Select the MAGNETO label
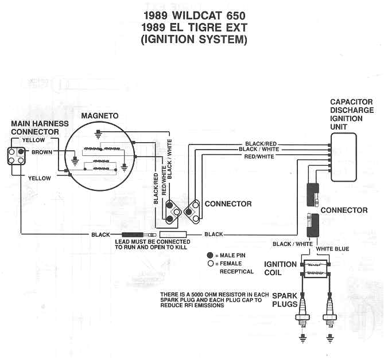pyautogui.click(x=100, y=116)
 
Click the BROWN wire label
pyautogui.click(x=42, y=152)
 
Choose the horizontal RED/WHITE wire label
pyautogui.click(x=259, y=156)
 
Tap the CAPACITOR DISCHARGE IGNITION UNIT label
pyautogui.click(x=351, y=115)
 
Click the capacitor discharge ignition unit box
pyautogui.click(x=343, y=156)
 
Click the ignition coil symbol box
pyautogui.click(x=316, y=269)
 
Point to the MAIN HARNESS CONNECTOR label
pyautogui.click(x=40, y=127)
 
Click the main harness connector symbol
pyautogui.click(x=15, y=156)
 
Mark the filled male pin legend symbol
pyautogui.click(x=210, y=254)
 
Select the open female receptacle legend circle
pyautogui.click(x=210, y=263)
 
